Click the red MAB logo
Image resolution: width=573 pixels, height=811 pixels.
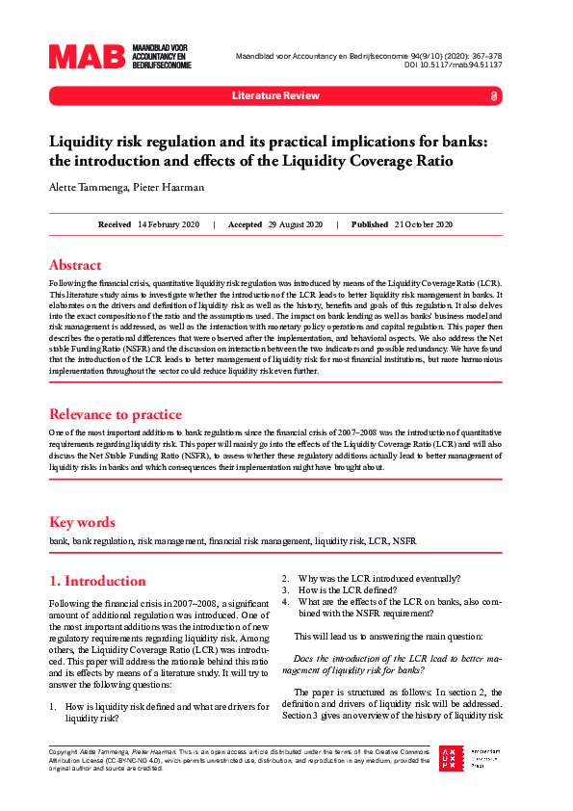[88, 57]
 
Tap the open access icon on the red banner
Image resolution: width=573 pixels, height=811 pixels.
[494, 96]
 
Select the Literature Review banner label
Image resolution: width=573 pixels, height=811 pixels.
[274, 96]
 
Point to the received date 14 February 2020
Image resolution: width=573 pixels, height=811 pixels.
[169, 224]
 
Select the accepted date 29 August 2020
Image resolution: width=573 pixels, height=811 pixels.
[295, 224]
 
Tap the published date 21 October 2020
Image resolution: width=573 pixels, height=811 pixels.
[423, 224]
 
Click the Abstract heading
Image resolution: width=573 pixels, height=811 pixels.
[75, 265]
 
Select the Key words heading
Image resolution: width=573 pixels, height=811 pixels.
[82, 522]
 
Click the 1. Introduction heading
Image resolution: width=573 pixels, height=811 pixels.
[97, 581]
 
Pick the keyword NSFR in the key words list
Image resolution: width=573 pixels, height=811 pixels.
[404, 541]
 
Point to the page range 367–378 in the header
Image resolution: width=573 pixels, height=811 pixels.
[479, 56]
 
